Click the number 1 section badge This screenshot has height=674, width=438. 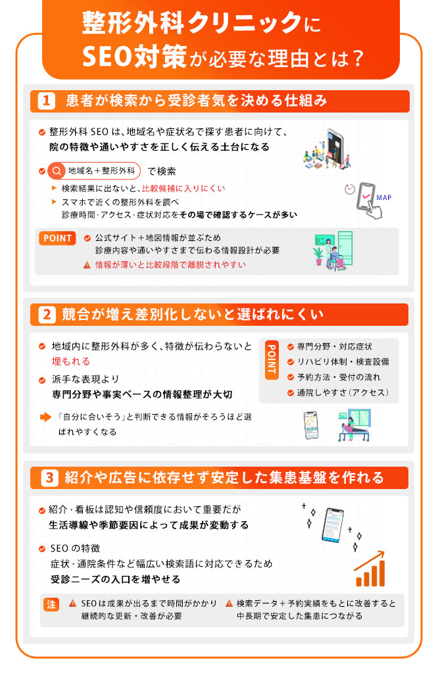pos(46,101)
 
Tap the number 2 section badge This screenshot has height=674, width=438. pos(47,315)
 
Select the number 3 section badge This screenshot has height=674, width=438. pos(49,478)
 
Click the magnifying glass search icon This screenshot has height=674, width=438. pos(57,171)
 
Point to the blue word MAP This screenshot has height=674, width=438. pos(383,197)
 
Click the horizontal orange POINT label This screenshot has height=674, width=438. pos(57,238)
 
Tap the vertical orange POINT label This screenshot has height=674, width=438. pos(272,360)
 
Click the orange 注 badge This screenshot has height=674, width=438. pos(51,604)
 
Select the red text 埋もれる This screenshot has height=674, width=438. pos(71,361)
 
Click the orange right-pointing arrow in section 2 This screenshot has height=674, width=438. pos(45,417)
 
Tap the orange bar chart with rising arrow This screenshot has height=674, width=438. pos(370,569)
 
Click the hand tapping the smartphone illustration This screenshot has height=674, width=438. pos(367,201)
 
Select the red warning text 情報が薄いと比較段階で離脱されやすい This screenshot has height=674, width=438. pos(170,265)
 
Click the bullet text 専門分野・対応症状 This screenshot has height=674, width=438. pos(335,346)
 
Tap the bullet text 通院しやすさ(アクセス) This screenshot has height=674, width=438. pos(343,392)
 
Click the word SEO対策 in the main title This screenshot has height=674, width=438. pos(134,57)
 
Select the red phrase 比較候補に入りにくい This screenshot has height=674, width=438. pos(183,188)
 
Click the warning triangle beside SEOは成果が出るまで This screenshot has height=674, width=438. pos(73,604)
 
